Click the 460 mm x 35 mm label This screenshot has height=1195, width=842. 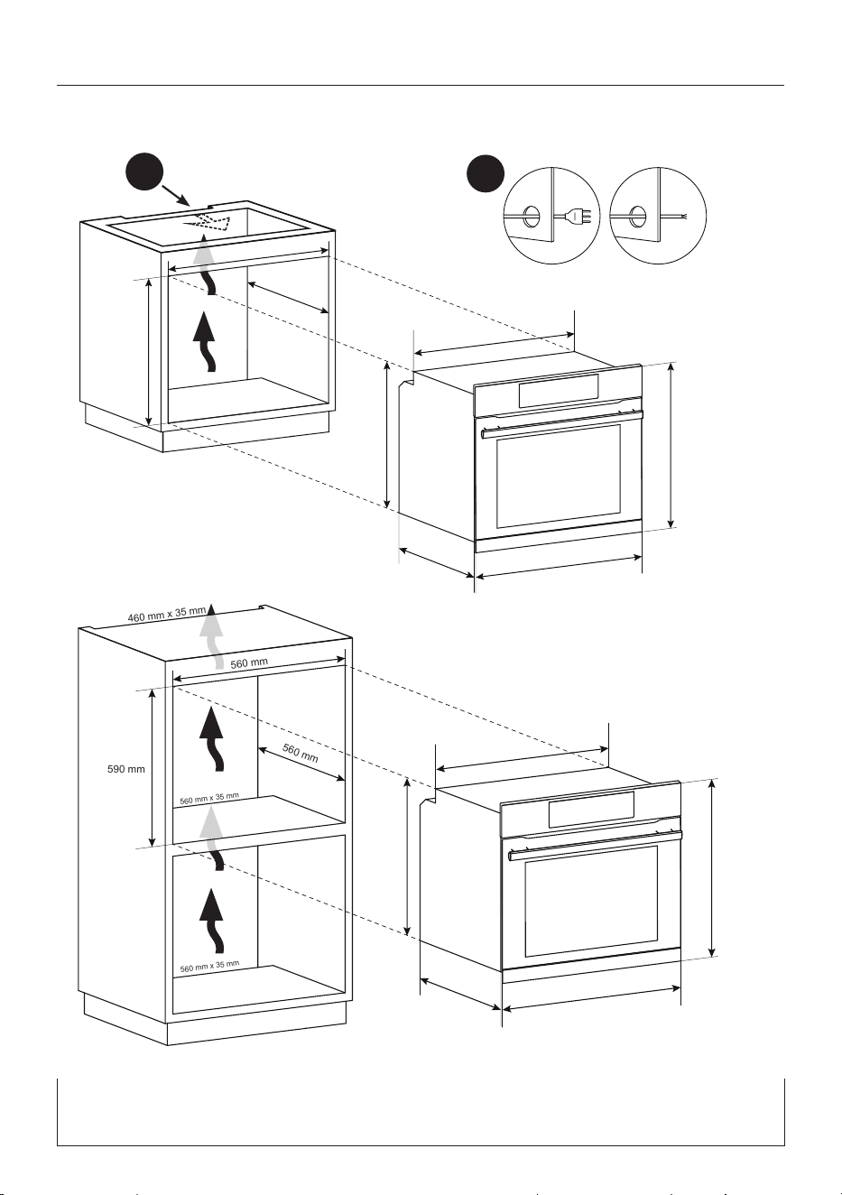167,614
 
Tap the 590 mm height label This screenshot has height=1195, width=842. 126,769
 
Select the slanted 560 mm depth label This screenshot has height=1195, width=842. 301,753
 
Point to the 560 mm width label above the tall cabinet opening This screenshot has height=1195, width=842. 249,663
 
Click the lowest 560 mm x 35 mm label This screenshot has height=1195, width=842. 209,966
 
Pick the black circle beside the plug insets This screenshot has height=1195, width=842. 485,174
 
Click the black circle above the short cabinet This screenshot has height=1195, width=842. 144,172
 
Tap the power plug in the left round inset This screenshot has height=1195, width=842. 578,216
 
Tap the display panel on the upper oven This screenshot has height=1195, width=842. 558,390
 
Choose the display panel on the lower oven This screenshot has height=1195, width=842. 591,809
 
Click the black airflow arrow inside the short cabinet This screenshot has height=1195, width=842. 205,342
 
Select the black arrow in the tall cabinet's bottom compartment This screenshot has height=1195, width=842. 212,921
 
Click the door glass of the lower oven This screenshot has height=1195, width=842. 591,900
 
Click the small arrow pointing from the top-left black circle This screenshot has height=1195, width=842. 177,195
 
